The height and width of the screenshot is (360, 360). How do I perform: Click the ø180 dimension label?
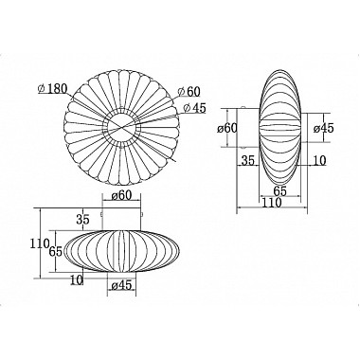point(52,89)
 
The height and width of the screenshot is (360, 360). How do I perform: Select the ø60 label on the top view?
point(189,92)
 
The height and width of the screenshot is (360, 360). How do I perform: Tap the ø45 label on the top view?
point(194,108)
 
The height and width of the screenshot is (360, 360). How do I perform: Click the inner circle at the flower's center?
point(122,127)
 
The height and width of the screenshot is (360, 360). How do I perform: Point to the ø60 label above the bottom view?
point(121,195)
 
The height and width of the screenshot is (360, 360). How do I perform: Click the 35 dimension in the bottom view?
point(83,219)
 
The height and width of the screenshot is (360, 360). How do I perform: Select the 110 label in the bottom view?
point(40,243)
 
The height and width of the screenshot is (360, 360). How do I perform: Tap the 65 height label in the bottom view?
point(56,252)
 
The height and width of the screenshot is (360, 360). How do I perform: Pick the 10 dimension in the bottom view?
point(77,279)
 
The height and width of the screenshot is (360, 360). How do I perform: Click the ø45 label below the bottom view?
point(121,285)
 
